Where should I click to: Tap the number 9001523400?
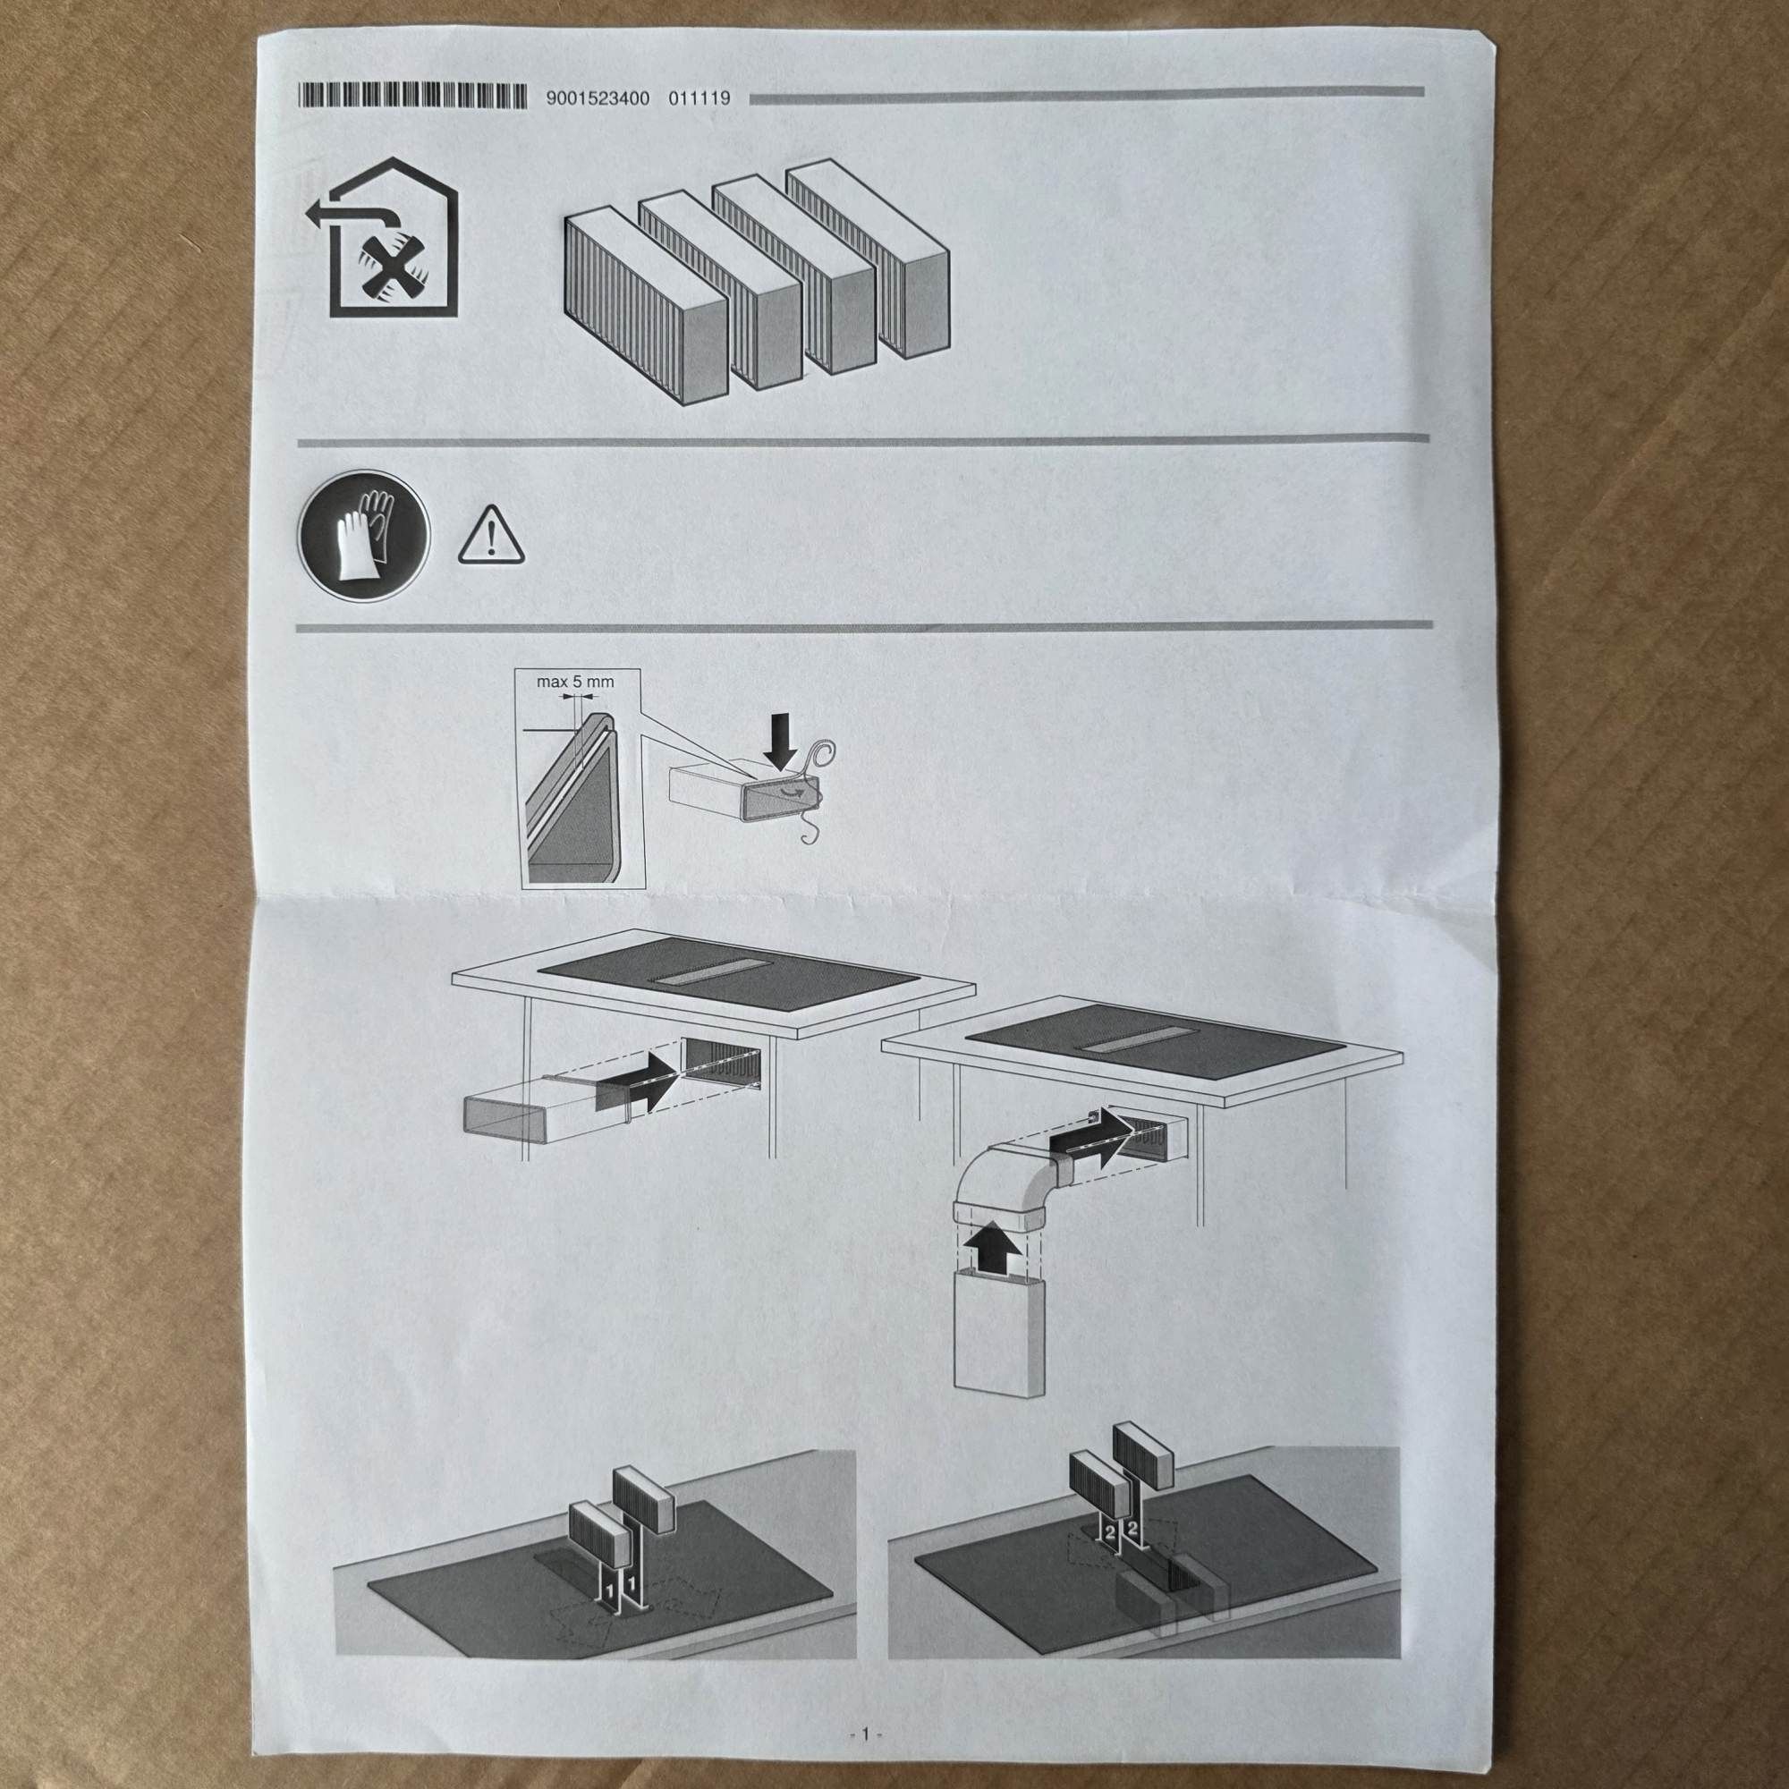598,98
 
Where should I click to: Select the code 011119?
699,98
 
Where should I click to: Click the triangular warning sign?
491,538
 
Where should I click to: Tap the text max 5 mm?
575,682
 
